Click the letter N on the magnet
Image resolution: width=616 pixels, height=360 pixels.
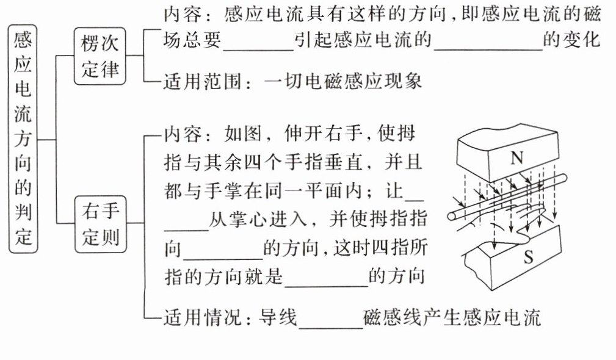[x=516, y=159]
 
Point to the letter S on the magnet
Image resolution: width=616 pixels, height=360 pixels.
[x=529, y=258]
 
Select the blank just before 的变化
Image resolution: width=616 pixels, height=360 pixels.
[x=487, y=43]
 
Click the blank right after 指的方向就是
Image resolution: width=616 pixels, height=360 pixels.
[x=327, y=278]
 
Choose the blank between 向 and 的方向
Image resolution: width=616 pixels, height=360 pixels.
[x=222, y=251]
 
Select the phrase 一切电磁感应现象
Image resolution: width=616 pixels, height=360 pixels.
[x=344, y=81]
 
